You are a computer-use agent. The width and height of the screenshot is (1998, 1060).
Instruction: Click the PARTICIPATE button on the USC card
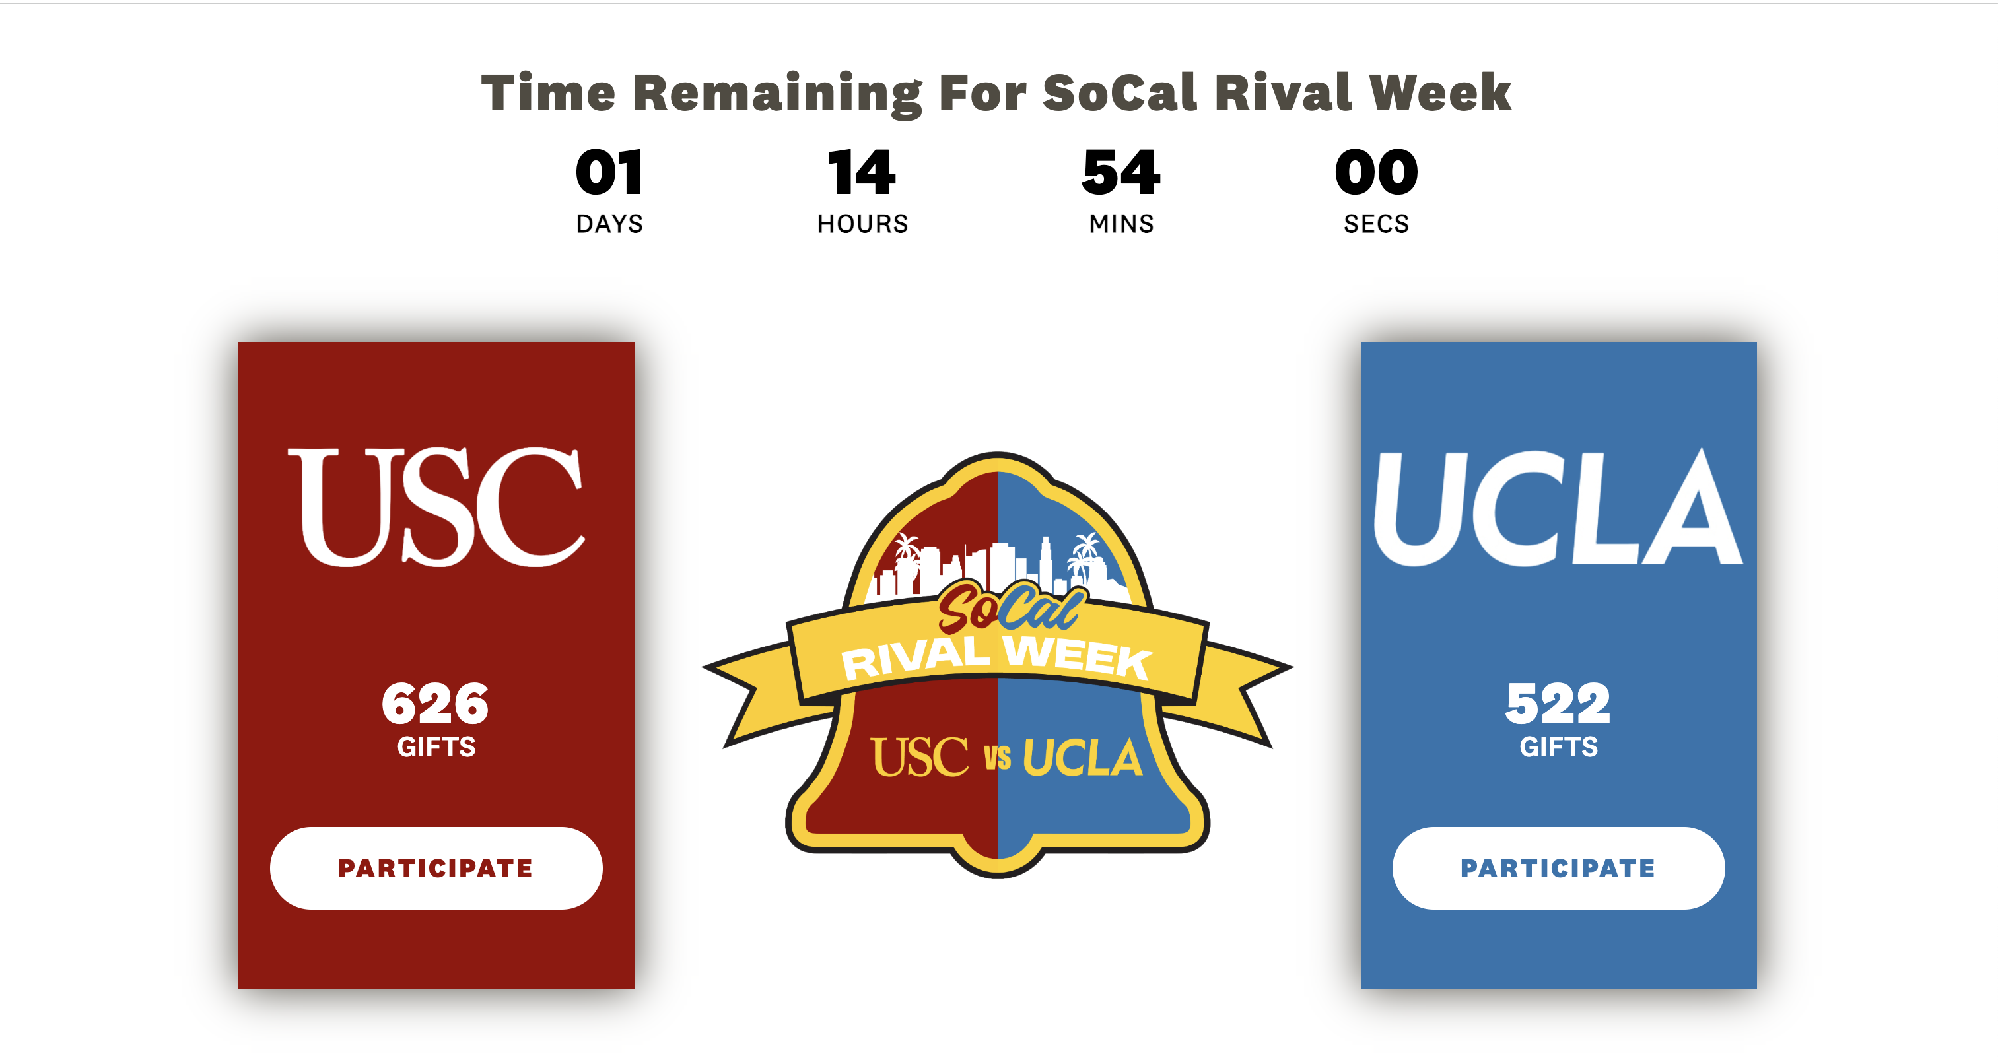[x=436, y=868]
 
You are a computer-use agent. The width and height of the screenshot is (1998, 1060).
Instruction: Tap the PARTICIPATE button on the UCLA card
[x=1558, y=868]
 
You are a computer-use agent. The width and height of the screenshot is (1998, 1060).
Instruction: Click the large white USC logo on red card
[x=436, y=506]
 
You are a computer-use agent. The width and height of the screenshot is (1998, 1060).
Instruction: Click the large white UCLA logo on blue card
[x=1558, y=507]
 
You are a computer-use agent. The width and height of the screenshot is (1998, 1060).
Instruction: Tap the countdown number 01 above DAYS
[x=609, y=172]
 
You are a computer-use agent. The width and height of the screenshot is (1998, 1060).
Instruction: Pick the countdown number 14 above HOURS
[x=862, y=172]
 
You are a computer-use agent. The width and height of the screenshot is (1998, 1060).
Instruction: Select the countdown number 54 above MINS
[x=1122, y=172]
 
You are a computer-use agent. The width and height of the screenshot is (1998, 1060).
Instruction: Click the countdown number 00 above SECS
[x=1377, y=172]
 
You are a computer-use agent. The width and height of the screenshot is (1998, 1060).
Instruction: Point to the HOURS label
[x=862, y=224]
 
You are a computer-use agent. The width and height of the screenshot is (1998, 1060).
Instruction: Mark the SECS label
[x=1377, y=224]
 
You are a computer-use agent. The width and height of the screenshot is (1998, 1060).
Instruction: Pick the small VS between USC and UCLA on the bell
[x=998, y=758]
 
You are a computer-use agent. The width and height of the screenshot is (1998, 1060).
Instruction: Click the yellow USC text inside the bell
[x=920, y=757]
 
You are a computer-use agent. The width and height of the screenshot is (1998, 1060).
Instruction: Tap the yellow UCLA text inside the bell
[x=1083, y=758]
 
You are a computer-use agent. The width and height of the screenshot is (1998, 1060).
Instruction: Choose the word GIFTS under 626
[x=436, y=746]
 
